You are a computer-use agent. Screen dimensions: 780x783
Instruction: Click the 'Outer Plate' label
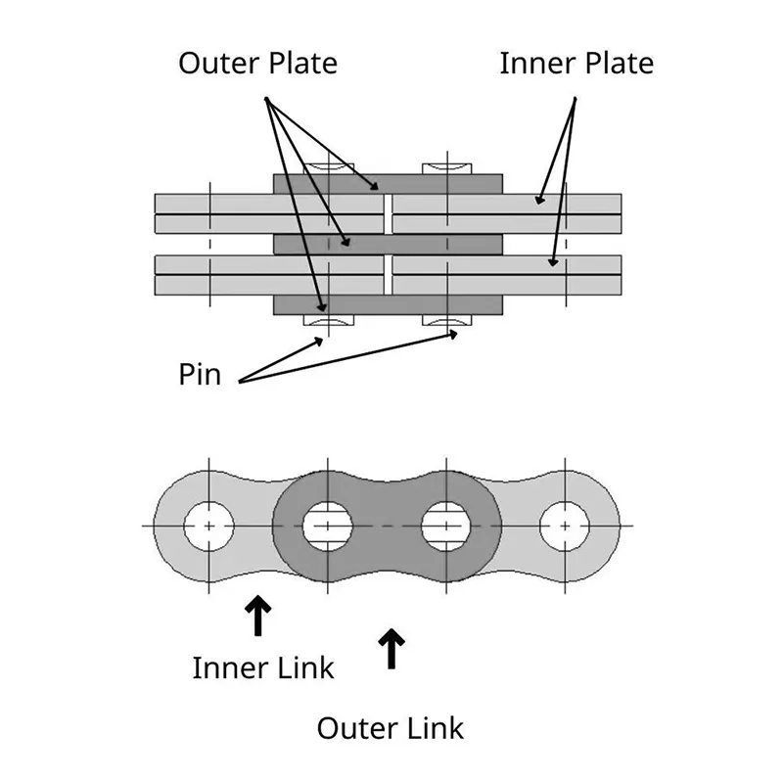click(x=257, y=64)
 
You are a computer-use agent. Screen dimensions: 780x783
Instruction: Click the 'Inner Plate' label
click(x=576, y=64)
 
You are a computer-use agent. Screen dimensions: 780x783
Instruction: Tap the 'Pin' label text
click(x=200, y=374)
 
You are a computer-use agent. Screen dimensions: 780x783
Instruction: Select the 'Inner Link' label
click(x=263, y=667)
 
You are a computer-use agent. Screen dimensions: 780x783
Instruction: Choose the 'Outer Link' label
click(x=391, y=728)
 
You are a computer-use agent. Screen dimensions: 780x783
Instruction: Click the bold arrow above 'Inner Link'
click(x=258, y=616)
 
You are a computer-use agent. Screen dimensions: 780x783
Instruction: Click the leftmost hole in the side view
click(x=208, y=526)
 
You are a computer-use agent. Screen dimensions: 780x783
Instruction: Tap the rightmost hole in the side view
click(x=566, y=526)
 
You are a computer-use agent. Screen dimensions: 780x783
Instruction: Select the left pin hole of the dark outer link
click(x=328, y=526)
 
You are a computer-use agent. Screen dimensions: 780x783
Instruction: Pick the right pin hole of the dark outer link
click(x=447, y=526)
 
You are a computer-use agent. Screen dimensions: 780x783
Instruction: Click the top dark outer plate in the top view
click(x=388, y=184)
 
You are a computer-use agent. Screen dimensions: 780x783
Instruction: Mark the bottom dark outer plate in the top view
click(x=388, y=305)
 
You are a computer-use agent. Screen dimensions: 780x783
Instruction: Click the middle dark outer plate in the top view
click(x=388, y=244)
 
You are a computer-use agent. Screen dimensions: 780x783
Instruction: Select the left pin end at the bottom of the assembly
click(x=328, y=320)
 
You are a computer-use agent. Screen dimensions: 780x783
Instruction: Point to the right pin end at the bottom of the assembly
click(x=447, y=320)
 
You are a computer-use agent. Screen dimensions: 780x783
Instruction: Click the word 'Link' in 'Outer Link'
click(x=430, y=728)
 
